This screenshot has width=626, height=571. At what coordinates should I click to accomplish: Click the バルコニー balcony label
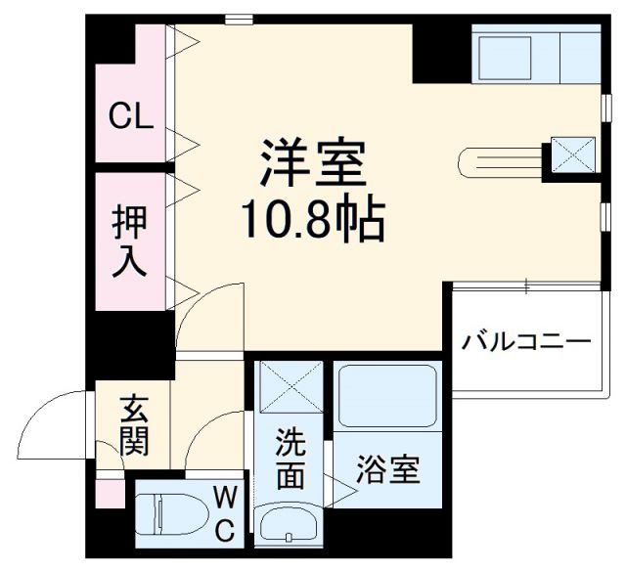pos(526,342)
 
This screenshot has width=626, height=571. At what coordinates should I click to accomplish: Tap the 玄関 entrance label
pos(134,426)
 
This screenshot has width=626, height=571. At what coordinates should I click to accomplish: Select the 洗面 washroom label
pos(291,458)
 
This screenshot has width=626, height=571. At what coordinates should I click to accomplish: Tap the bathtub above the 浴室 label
pos(385,396)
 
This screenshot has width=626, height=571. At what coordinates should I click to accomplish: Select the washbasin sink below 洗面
pos(290,524)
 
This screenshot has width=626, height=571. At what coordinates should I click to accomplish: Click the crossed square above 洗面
pos(290,389)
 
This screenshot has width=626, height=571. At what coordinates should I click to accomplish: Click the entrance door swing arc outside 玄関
pos(54,425)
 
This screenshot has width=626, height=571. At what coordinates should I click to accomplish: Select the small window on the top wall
pos(238,18)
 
